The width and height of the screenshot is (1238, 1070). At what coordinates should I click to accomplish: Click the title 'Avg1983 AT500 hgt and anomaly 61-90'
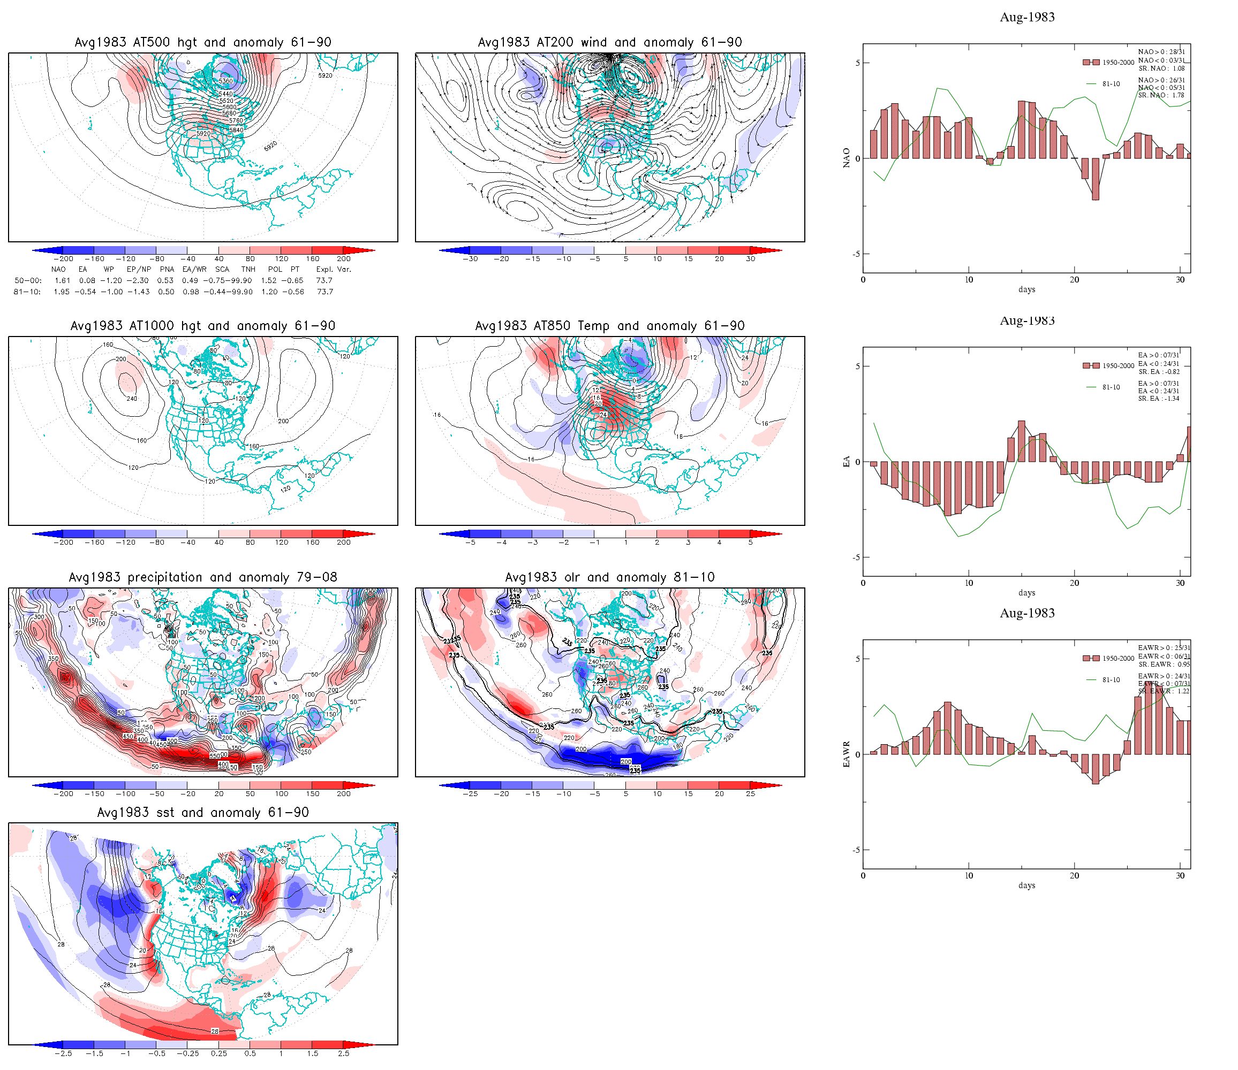coord(202,42)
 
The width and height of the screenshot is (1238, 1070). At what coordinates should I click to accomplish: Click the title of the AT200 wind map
coord(609,42)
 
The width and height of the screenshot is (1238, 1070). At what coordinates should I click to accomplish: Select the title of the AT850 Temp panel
coord(609,326)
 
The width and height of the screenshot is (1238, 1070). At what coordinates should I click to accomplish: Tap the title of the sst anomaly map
coord(202,813)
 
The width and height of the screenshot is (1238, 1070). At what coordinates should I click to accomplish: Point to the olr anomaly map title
coord(609,577)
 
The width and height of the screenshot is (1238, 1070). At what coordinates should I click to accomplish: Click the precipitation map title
coord(202,577)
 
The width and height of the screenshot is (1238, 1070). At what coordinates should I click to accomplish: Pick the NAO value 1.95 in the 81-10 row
coord(62,292)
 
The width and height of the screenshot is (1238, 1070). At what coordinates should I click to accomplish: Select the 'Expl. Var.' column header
coord(334,269)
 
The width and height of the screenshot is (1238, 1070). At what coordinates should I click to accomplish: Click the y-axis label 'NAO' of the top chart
coord(846,158)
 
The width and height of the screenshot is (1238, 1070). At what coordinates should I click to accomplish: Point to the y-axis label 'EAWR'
coord(846,755)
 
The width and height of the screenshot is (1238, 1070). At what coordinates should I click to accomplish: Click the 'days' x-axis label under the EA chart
coord(1026,593)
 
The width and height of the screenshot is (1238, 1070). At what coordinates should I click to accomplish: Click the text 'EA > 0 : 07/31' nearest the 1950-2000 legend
coord(1159,355)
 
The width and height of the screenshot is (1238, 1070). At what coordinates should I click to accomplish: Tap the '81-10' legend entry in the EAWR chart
coord(1111,680)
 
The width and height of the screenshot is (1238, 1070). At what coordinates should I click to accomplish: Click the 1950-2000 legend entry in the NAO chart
coord(1118,63)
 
